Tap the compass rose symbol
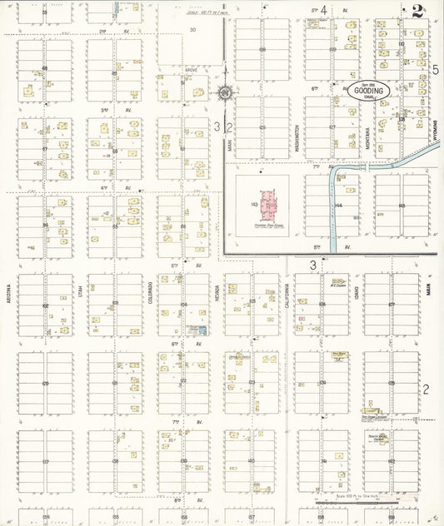pos(226,93)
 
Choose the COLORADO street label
pos(151,292)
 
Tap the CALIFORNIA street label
pos(288,295)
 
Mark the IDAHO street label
pos(358,295)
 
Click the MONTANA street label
pos(367,134)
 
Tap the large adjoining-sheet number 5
pos(435,70)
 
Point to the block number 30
pos(192,29)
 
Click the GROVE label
pos(191,70)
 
